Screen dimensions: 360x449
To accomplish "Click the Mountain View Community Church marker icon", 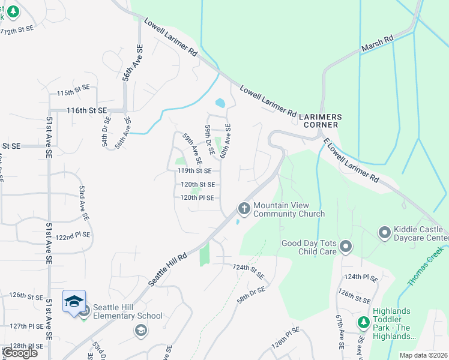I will [x=244, y=208].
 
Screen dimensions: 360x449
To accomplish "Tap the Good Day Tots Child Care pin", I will [x=345, y=246].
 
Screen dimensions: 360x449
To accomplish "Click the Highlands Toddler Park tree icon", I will [x=363, y=323].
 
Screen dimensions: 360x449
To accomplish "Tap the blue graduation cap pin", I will [x=74, y=301].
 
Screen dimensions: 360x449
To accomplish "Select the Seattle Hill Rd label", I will [x=168, y=268].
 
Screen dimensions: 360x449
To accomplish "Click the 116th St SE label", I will [x=86, y=111].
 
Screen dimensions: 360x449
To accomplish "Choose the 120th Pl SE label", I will [x=197, y=197].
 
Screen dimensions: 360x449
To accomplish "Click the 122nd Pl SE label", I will [x=73, y=235].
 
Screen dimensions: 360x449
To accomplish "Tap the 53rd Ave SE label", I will [x=84, y=202].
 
